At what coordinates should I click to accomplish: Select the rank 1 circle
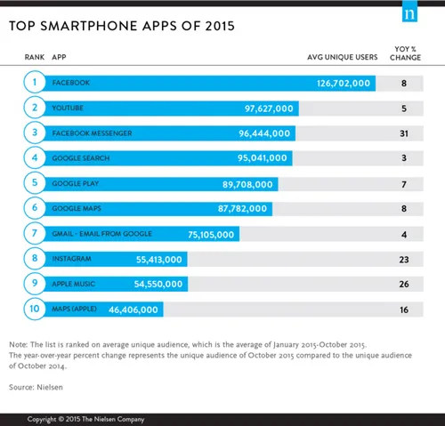click(34, 83)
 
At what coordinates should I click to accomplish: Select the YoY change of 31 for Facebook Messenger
click(404, 133)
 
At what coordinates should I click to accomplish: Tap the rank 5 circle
click(34, 184)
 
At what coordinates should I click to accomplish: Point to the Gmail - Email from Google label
click(102, 234)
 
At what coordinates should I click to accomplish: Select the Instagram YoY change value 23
click(404, 259)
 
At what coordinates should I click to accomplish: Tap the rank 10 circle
click(34, 309)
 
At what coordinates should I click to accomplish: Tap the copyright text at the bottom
click(85, 418)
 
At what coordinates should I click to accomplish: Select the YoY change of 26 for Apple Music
click(404, 284)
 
